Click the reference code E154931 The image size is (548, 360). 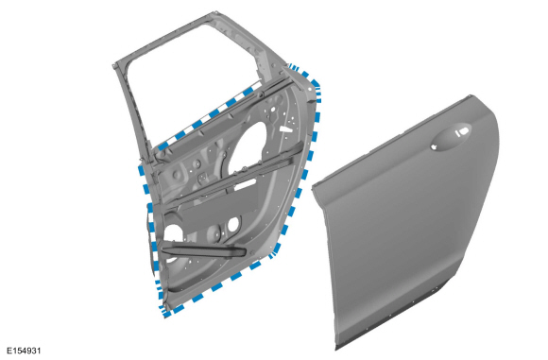[24, 351]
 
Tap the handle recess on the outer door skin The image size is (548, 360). [451, 137]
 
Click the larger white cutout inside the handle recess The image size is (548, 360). [462, 132]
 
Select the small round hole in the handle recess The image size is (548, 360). [436, 146]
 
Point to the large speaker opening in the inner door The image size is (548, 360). [248, 146]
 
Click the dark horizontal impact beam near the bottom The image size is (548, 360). [204, 251]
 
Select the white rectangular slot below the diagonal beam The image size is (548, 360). [245, 185]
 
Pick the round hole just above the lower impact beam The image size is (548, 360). [233, 224]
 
